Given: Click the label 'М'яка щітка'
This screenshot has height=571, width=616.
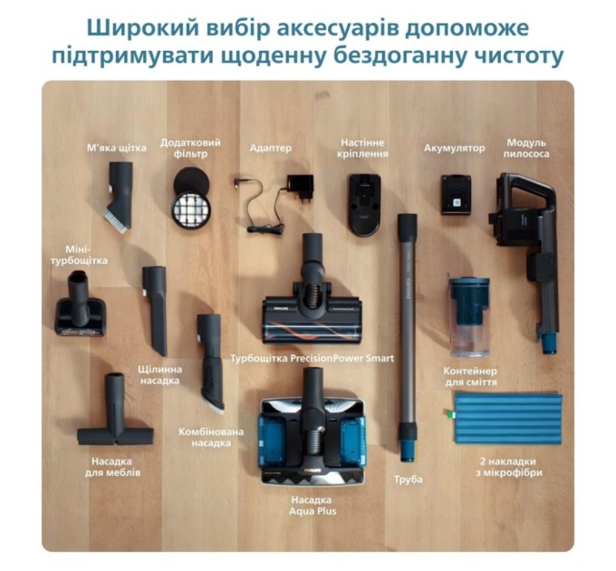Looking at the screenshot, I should [117, 148].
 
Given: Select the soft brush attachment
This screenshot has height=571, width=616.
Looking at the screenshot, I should [119, 194].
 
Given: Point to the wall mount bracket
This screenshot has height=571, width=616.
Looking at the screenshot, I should [364, 204].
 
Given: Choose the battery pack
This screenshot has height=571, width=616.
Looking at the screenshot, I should [456, 194].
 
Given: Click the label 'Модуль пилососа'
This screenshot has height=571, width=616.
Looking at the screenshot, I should [528, 148].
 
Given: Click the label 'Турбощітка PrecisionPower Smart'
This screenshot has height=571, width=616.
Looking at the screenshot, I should [313, 359].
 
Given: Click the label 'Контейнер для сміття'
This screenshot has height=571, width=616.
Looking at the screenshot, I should [469, 376].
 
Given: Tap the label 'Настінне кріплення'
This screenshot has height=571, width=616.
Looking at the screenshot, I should [364, 148].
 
